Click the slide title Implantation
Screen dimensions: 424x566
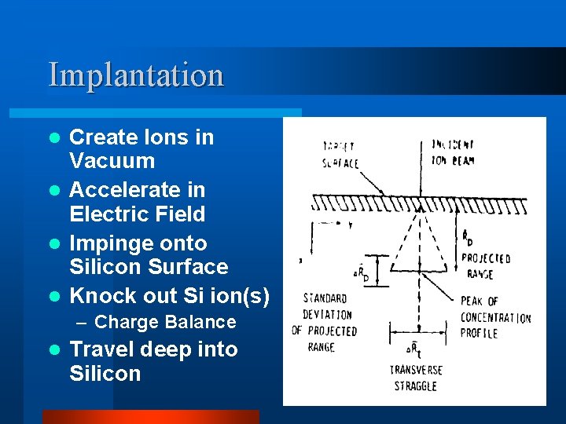tap(136, 75)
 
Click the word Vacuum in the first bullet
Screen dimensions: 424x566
tap(112, 162)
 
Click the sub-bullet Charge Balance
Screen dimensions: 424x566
tap(164, 322)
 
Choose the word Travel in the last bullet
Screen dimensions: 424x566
tap(101, 349)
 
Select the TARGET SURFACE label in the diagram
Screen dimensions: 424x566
tap(340, 155)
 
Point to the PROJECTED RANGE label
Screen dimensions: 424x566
tap(485, 266)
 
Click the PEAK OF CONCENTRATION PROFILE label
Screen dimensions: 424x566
tap(495, 317)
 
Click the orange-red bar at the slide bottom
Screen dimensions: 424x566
tap(150, 417)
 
